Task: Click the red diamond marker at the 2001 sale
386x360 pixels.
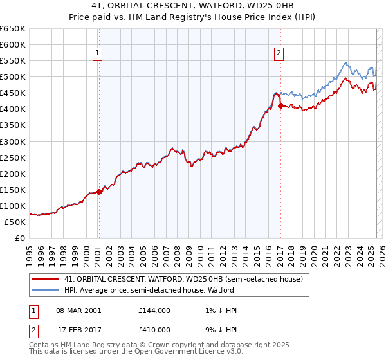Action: coord(99,191)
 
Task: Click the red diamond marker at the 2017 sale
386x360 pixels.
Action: coord(280,106)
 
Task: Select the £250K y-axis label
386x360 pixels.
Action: coord(13,157)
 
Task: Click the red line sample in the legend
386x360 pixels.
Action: coord(46,279)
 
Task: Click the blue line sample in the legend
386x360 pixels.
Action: coord(46,290)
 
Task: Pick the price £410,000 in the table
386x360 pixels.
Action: coord(154,330)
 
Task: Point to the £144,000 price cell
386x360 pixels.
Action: coord(154,310)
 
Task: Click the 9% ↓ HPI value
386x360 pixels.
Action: coord(221,330)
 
